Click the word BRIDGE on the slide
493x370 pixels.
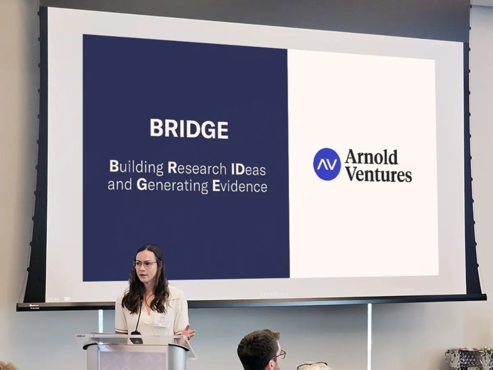pyautogui.click(x=189, y=129)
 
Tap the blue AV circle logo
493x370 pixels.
pyautogui.click(x=327, y=164)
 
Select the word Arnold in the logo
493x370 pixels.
pyautogui.click(x=371, y=157)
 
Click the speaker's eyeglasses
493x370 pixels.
pyautogui.click(x=145, y=264)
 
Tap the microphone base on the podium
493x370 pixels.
pyautogui.click(x=136, y=339)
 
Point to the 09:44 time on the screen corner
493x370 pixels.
pyautogui.click(x=53, y=299)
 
